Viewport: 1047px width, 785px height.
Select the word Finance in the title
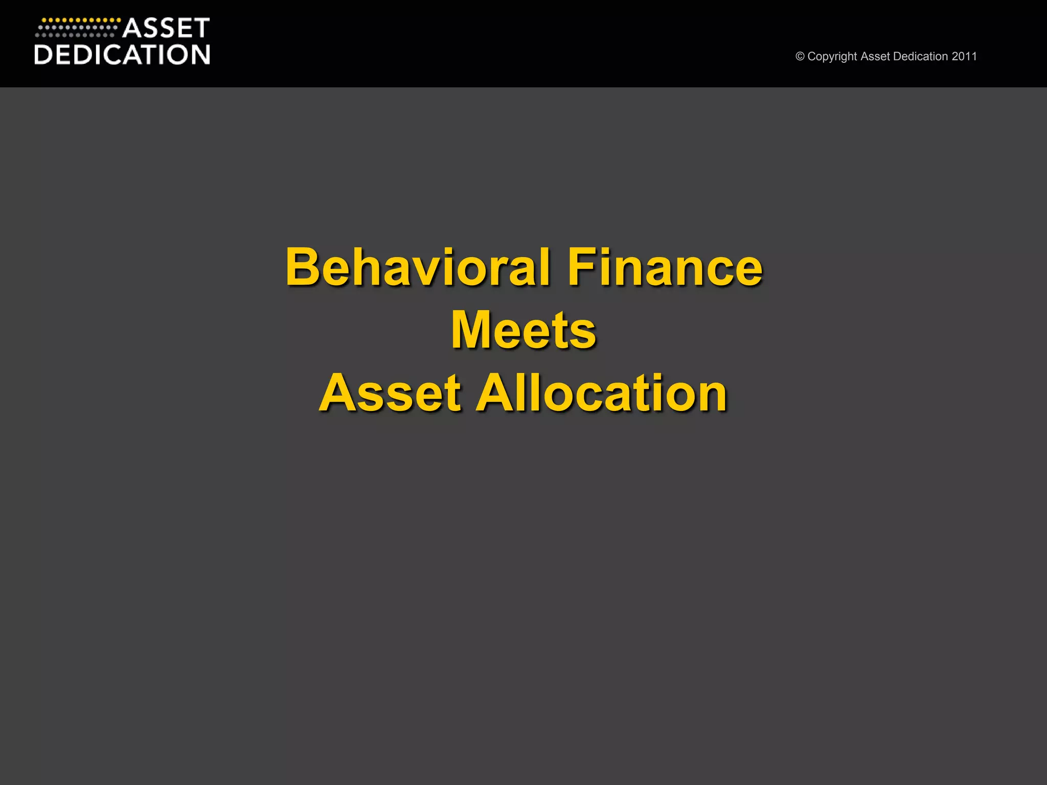coord(665,267)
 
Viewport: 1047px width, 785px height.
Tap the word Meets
coord(523,330)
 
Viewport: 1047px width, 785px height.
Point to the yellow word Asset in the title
coord(391,393)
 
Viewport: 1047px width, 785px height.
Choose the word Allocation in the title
coord(602,393)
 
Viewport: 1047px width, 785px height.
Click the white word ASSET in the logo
coord(166,28)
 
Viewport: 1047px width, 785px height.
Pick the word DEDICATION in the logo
coord(122,55)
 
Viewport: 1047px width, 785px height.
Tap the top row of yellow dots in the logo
coord(81,20)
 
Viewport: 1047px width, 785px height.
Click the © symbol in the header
coord(800,57)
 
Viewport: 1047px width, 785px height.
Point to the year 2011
coord(964,57)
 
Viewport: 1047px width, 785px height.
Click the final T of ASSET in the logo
coord(201,28)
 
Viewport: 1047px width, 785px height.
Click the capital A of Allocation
coord(493,393)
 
